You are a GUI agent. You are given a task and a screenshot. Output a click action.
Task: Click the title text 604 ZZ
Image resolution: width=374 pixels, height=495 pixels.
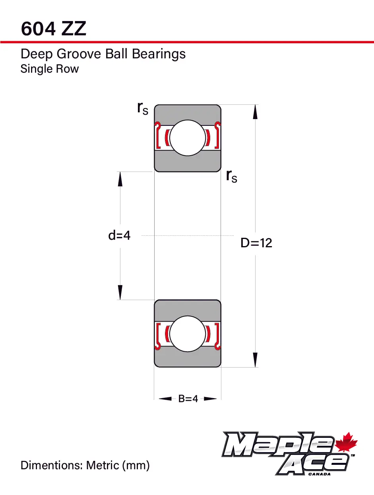53,29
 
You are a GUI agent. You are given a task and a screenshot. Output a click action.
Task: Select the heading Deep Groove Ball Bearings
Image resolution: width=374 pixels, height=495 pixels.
103,54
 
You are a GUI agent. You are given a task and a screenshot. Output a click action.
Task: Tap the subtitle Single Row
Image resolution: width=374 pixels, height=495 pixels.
50,69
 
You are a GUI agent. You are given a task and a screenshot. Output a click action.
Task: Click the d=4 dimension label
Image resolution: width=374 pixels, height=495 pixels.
119,235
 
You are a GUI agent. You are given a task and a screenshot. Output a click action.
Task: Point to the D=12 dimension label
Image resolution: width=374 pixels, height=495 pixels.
256,243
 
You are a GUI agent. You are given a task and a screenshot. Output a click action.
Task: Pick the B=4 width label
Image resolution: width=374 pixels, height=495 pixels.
188,399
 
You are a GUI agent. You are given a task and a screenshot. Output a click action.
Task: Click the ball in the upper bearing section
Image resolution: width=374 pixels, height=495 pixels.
188,138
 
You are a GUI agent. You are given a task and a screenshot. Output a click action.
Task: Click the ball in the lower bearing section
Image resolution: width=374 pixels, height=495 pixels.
188,333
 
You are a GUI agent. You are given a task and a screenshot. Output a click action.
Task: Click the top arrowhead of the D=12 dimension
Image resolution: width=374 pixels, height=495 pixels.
255,112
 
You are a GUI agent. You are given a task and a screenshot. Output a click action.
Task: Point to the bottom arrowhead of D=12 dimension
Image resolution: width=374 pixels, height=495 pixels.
255,360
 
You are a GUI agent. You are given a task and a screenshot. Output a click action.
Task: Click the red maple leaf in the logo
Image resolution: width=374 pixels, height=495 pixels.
347,443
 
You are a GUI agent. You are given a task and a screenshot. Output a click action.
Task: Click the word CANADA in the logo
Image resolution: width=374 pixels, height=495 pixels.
319,474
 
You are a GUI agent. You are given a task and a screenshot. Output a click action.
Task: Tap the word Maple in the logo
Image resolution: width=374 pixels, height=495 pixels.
279,445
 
